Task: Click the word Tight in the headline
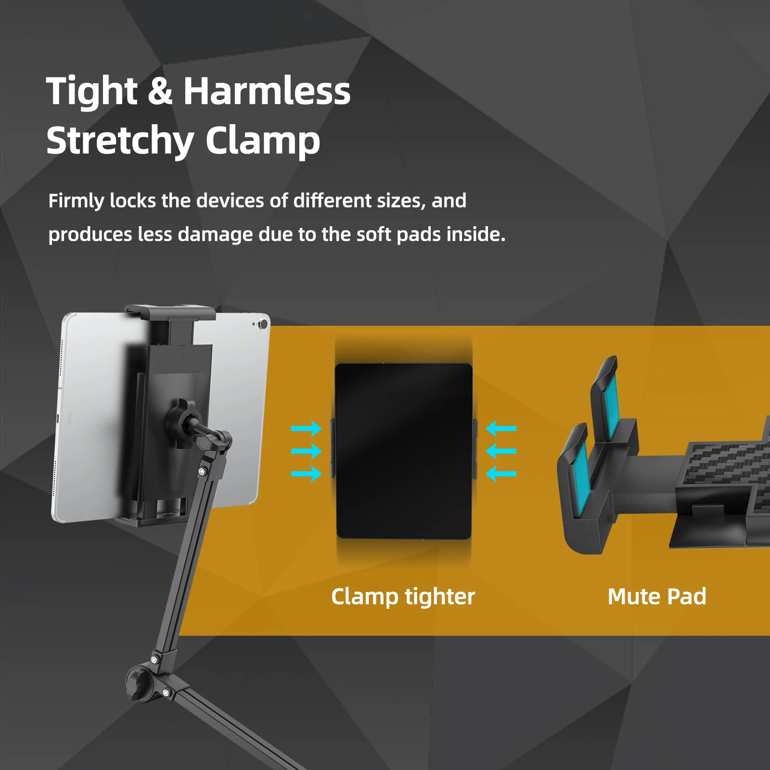coord(92,91)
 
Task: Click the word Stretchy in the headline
coord(120,141)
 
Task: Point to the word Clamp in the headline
coord(263,141)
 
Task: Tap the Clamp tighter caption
coord(403,597)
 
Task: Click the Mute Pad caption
coord(657,597)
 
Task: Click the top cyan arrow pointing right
coord(307,428)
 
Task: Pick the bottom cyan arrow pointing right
coord(307,474)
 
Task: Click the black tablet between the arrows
coord(403,451)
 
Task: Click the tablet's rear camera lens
coord(263,324)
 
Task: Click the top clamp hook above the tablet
coord(169,312)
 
